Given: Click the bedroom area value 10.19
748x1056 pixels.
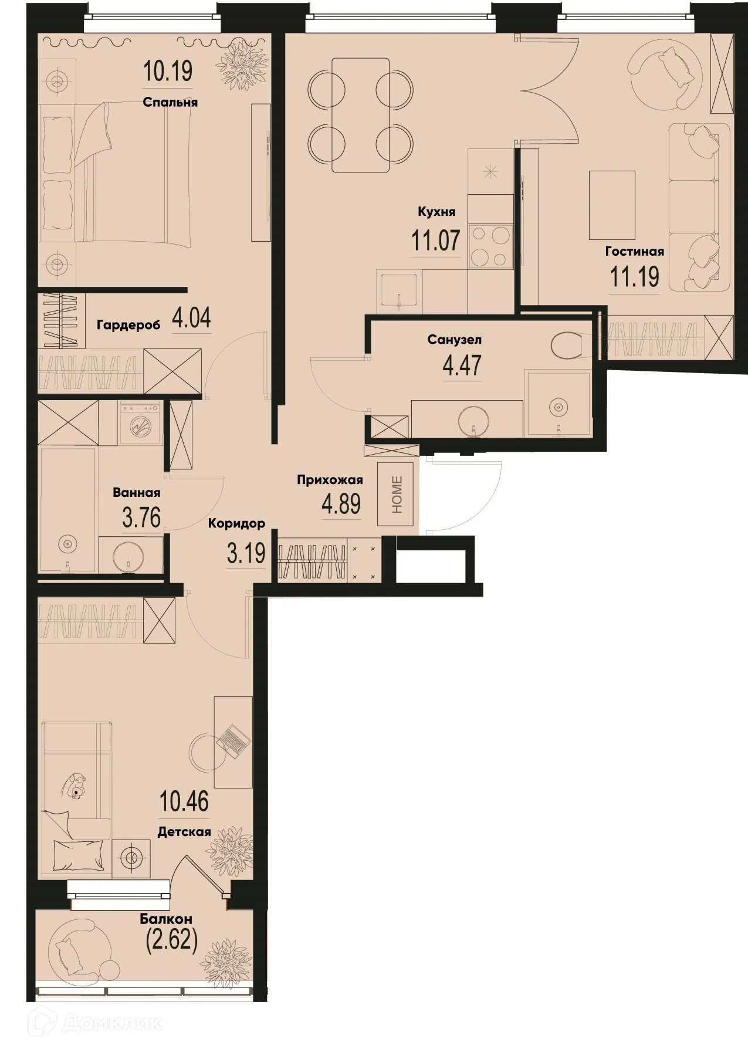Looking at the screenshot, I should tap(167, 71).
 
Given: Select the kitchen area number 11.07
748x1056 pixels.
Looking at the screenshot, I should tap(435, 241).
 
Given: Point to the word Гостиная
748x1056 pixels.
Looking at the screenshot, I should tap(634, 252).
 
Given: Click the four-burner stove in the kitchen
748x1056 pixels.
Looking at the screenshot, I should tap(490, 246).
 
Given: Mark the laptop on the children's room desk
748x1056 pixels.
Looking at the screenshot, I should tap(233, 739).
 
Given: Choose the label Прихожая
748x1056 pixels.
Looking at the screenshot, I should tap(329, 480).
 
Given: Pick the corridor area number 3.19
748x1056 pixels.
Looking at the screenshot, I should tap(246, 553).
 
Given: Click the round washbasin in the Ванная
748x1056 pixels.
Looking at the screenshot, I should tap(129, 556).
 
